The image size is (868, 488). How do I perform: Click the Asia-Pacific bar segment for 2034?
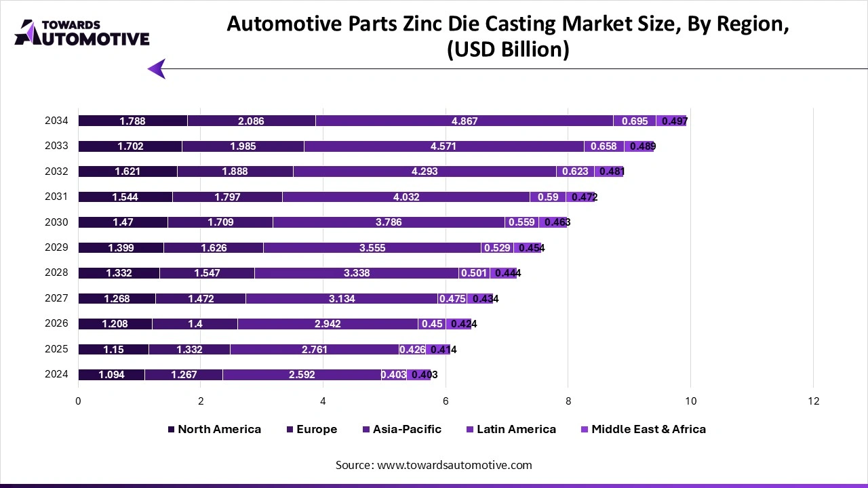[x=465, y=121]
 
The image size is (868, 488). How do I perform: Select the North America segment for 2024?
[x=111, y=375]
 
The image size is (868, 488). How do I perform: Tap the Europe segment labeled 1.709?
[x=220, y=222]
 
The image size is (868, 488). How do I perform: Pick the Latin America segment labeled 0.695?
[x=635, y=121]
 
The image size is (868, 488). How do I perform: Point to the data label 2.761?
[x=315, y=350]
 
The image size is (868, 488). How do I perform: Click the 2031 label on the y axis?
[x=56, y=197]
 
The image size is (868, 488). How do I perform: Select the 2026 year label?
[x=56, y=323]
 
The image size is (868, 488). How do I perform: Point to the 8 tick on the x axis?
[x=568, y=401]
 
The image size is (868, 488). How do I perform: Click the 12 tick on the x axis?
[x=813, y=401]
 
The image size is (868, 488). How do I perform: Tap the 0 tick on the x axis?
[x=79, y=401]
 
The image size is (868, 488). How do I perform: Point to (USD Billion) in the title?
[x=507, y=49]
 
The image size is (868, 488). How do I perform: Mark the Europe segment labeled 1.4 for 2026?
[x=195, y=324]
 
